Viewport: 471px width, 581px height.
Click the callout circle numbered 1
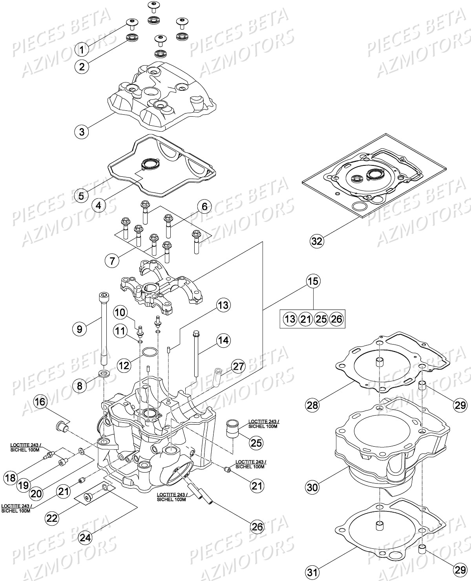(x=82, y=50)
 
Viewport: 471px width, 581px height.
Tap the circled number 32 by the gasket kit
(x=317, y=240)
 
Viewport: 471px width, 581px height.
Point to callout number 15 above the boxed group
(x=313, y=281)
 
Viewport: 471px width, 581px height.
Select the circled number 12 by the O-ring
(x=124, y=366)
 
